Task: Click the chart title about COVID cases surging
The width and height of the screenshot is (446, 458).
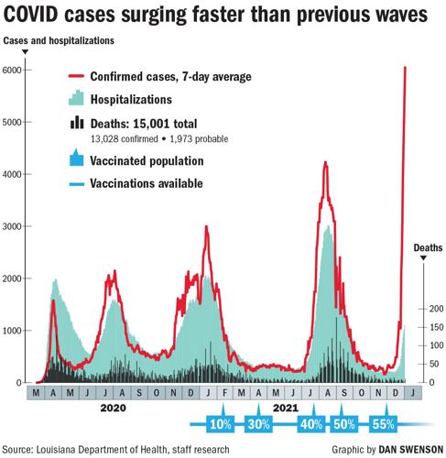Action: tap(222, 16)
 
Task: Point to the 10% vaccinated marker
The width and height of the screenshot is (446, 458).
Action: tap(220, 424)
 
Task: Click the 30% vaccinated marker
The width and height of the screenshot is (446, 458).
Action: tap(259, 424)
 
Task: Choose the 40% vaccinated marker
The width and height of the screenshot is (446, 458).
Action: tap(311, 424)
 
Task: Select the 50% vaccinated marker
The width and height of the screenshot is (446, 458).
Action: tap(343, 424)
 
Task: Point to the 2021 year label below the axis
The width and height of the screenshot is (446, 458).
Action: tap(286, 407)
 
